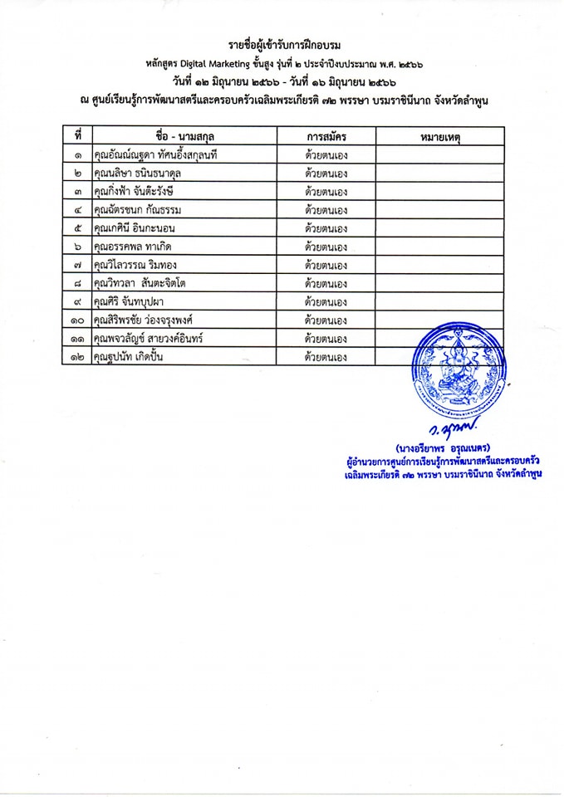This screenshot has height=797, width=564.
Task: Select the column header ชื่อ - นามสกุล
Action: tap(184, 135)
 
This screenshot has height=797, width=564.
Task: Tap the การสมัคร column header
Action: tap(326, 135)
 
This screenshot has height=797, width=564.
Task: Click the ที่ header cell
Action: tap(77, 135)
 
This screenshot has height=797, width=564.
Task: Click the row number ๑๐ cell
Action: tap(77, 320)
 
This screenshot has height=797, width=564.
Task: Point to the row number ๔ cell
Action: tap(77, 210)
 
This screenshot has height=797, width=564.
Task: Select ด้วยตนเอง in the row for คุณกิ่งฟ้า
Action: tap(326, 192)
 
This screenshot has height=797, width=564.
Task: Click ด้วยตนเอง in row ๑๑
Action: tap(326, 339)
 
